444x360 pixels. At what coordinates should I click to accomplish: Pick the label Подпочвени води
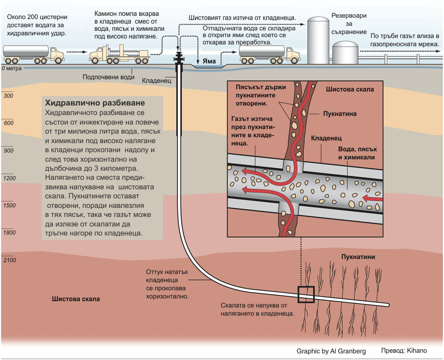(108, 77)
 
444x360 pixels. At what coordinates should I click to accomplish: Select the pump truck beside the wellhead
(119, 54)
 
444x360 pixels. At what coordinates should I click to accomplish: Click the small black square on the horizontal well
(306, 294)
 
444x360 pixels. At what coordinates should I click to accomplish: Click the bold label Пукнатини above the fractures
(358, 257)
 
